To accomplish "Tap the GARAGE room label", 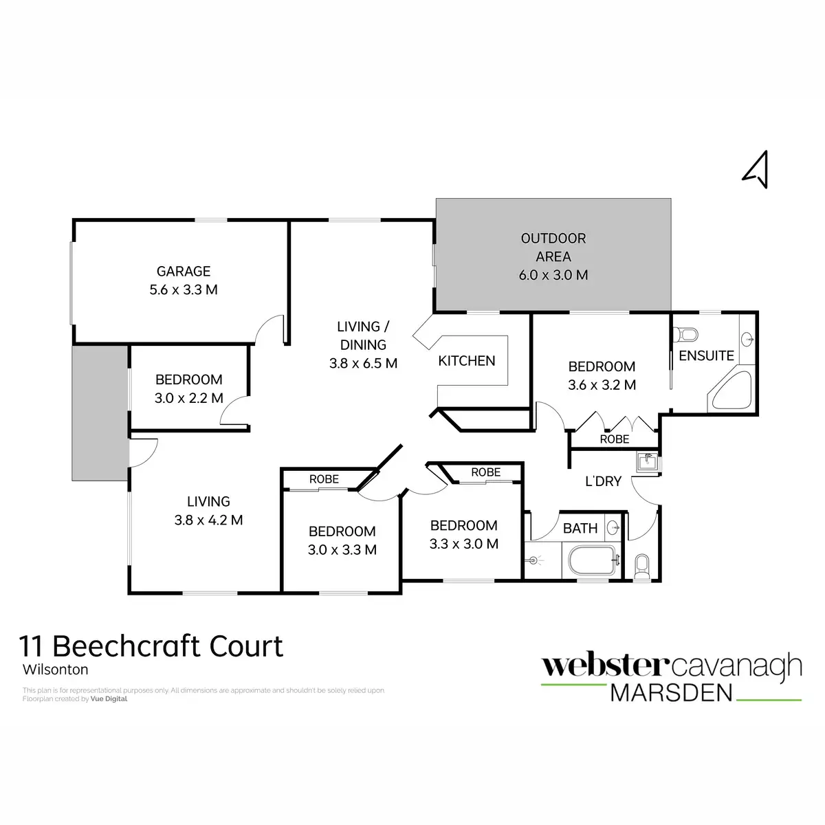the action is (x=184, y=271).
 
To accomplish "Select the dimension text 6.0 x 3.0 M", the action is (x=553, y=275).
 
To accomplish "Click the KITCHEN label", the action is (x=466, y=361).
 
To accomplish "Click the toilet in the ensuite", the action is (x=686, y=334).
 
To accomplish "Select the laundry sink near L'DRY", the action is (x=647, y=462).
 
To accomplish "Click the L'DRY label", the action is (x=603, y=481).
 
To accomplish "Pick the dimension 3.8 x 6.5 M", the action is (x=363, y=363).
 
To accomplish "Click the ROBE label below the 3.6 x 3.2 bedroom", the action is (x=615, y=439).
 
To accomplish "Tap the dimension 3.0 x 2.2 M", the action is (x=189, y=398).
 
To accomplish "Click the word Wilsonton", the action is (x=55, y=670).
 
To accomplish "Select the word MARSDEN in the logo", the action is (x=671, y=693).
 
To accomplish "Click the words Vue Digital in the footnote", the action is (x=109, y=698).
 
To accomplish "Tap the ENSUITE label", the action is (x=707, y=355).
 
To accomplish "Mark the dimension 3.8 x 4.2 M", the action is (x=208, y=520).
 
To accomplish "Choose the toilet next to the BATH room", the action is (x=641, y=566).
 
